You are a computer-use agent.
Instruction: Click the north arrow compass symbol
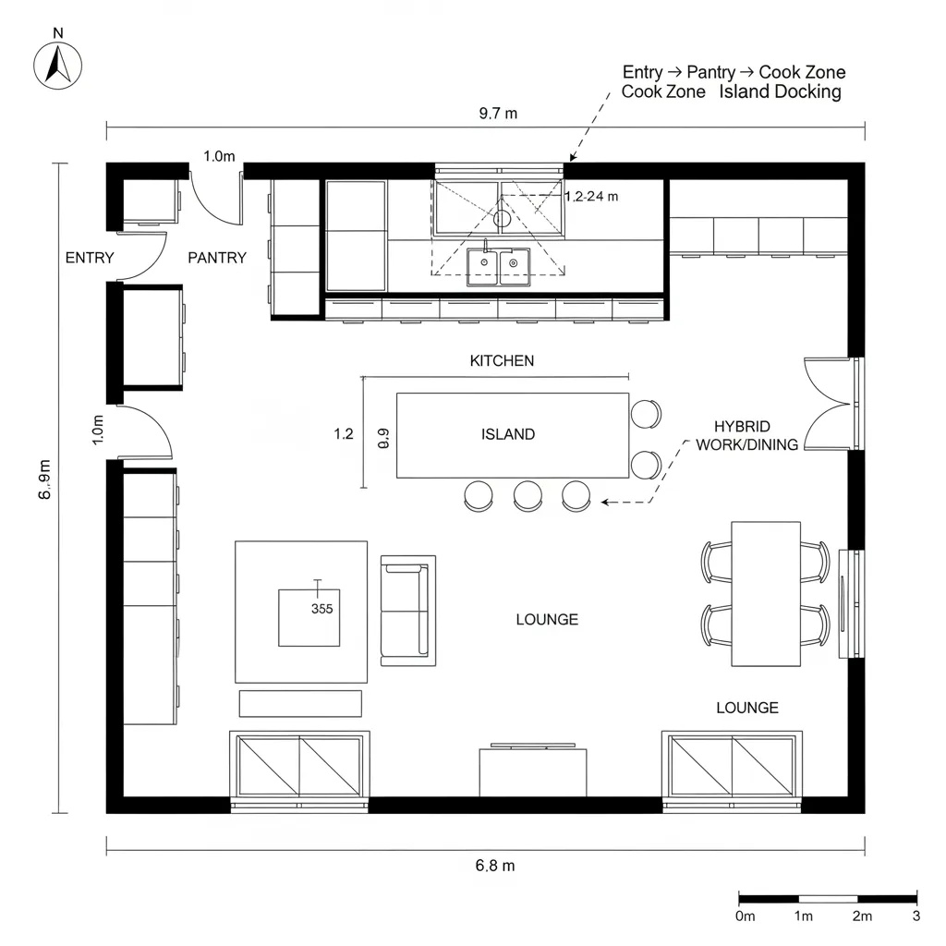coord(58,66)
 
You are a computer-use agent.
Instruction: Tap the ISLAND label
coord(508,434)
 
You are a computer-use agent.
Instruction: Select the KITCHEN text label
coord(502,361)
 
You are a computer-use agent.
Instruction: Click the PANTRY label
coord(217,259)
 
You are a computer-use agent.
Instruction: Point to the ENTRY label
coord(90,259)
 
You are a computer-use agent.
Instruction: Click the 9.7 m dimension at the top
coord(498,114)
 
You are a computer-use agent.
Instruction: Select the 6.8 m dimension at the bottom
coord(495,866)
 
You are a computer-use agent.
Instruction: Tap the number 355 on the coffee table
coord(322,610)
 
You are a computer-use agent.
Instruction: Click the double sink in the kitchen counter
coord(498,266)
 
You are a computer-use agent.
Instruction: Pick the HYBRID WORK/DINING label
coord(746,436)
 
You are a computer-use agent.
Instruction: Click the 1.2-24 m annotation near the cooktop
coord(591,196)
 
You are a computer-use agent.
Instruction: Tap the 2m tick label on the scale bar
coord(862,916)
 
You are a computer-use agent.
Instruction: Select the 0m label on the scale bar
coord(746,916)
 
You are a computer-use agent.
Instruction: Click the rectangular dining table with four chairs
coord(766,594)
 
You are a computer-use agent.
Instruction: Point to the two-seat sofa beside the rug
coord(407,611)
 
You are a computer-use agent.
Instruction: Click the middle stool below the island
coord(528,496)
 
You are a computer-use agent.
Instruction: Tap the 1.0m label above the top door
coord(219,156)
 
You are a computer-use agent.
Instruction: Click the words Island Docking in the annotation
coord(780,91)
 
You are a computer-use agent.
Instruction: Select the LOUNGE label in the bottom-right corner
coord(747,708)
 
